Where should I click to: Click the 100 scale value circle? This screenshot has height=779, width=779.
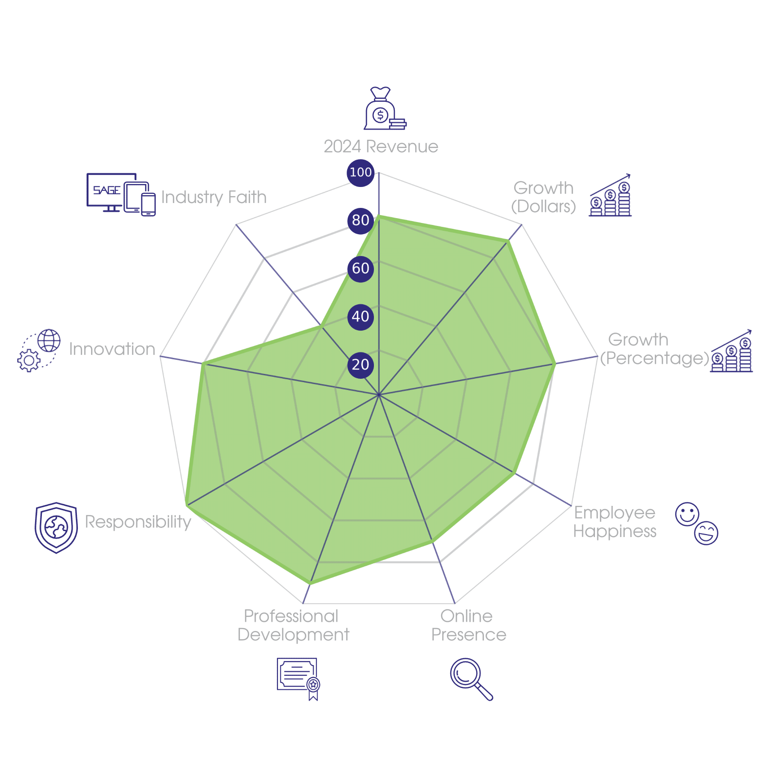coord(360,172)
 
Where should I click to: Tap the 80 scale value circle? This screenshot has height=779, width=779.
coord(360,221)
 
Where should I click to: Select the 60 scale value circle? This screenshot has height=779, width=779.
coord(360,268)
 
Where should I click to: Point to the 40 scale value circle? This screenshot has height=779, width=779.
coord(360,316)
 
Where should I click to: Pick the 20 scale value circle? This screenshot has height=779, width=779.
coord(360,365)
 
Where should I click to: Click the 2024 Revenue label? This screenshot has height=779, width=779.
coord(381,147)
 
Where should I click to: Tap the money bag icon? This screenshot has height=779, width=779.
coord(384,109)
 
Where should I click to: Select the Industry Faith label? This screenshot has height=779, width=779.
coord(214,197)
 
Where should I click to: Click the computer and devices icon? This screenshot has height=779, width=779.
coord(121,194)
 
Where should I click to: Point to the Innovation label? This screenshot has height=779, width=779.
coord(112,349)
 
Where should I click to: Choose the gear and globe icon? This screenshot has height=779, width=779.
coord(39,351)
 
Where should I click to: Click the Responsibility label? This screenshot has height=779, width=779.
coord(138,522)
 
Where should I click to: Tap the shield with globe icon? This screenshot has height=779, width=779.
coord(56,528)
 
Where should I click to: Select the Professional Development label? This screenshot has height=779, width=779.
coord(293,626)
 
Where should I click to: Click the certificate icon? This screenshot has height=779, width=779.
coord(298,679)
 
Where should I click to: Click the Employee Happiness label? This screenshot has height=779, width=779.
coord(615,522)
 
